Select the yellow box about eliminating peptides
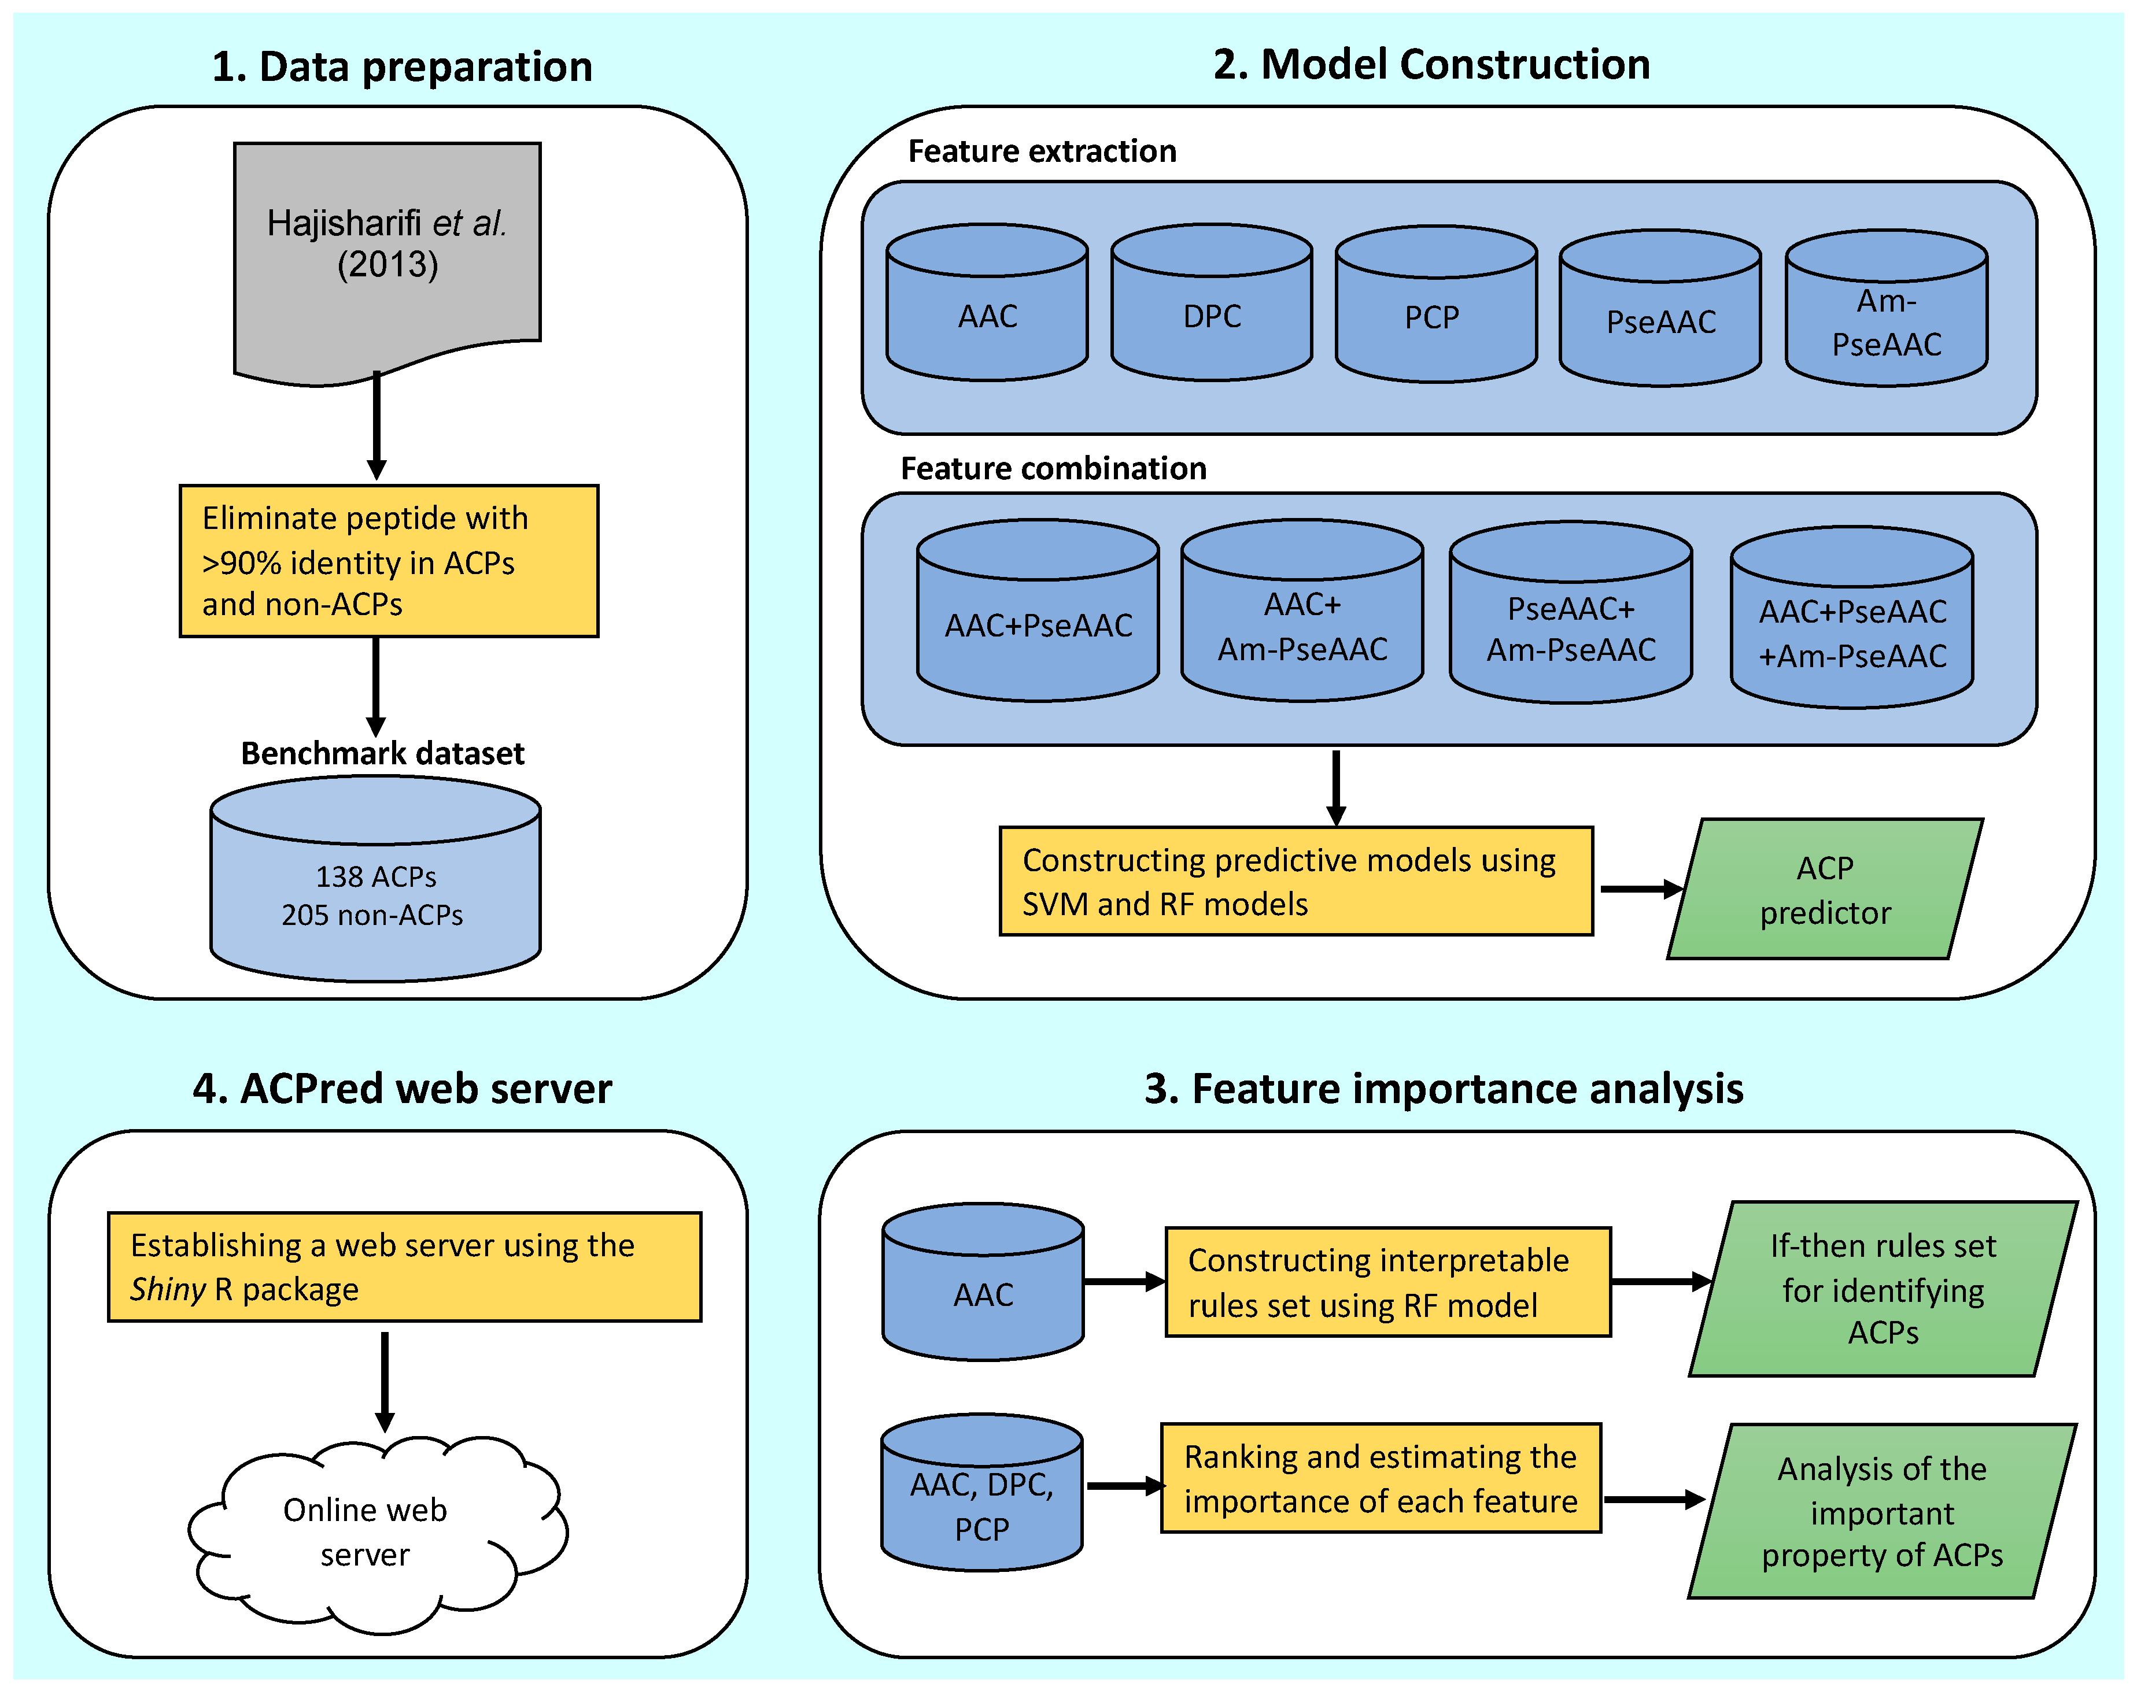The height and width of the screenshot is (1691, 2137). point(388,560)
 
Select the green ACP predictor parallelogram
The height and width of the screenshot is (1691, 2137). point(1825,889)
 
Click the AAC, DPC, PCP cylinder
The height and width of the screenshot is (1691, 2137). point(981,1495)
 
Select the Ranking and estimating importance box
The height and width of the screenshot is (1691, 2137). point(1381,1478)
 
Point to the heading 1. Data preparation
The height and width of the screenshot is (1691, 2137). point(402,67)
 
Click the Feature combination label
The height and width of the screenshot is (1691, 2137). point(1053,468)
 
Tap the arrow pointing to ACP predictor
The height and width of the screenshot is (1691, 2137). point(1639,889)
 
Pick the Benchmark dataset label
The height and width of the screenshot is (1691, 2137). point(382,753)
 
